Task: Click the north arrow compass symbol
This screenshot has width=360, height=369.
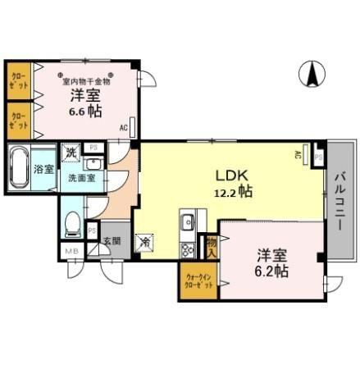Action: point(312,75)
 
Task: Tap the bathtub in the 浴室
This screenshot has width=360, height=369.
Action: point(19,169)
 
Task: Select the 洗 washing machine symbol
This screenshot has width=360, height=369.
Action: point(71,153)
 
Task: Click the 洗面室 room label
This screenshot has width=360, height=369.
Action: point(81,177)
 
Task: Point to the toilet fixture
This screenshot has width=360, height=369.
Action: point(73,221)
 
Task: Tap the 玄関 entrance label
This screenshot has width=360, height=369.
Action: point(112,242)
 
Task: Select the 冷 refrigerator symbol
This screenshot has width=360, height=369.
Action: point(144,242)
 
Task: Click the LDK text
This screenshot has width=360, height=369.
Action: point(231,175)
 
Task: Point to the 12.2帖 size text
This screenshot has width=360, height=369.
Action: point(233,191)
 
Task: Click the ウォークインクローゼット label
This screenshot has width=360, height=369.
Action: point(198,281)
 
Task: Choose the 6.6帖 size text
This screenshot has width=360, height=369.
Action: point(84,112)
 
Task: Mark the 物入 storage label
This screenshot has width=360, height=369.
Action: point(212,246)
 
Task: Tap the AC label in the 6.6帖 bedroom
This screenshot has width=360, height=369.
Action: point(123,128)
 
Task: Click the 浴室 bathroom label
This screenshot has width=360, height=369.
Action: point(44,170)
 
